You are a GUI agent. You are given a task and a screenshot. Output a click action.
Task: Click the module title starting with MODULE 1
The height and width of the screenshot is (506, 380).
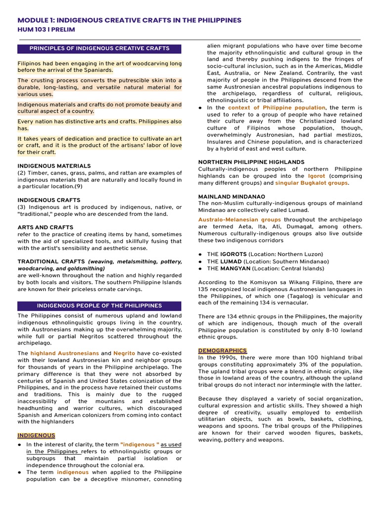point(129,20)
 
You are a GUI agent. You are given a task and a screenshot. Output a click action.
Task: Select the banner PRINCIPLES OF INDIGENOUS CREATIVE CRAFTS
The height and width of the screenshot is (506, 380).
point(99,48)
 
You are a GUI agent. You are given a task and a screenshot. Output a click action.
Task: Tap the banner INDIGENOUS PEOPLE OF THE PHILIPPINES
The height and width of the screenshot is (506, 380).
point(99,306)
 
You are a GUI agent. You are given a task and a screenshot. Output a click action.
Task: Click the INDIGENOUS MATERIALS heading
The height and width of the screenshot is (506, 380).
point(54,166)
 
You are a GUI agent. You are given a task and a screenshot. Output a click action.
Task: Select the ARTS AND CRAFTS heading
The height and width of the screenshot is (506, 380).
point(46,227)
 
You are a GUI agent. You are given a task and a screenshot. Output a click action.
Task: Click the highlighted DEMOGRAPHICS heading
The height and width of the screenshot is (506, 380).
point(222,350)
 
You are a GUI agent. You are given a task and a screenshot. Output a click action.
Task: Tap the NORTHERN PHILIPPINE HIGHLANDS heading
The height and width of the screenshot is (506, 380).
point(251,162)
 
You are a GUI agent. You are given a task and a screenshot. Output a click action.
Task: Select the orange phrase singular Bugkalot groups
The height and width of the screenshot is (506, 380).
point(311,183)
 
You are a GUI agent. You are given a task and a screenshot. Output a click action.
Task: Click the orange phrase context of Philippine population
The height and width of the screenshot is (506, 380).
point(277,108)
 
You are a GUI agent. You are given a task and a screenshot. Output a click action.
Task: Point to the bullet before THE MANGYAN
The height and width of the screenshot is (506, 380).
point(200,269)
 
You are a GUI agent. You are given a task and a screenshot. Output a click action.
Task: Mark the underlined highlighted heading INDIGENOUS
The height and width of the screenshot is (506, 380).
point(37,435)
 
